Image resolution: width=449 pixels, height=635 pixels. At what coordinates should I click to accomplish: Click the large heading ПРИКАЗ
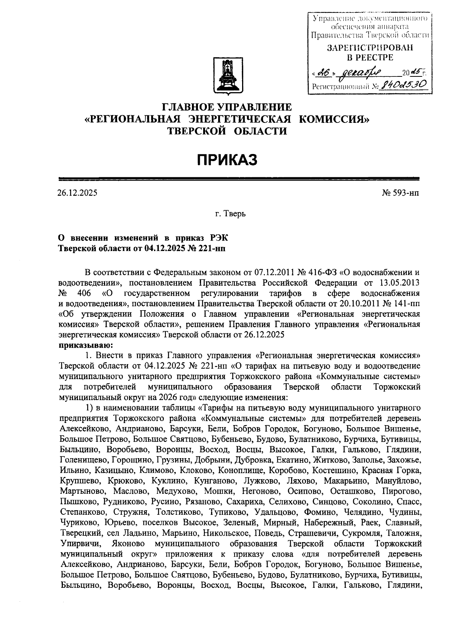(x=227, y=160)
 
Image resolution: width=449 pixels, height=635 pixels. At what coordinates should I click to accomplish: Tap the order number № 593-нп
(x=400, y=193)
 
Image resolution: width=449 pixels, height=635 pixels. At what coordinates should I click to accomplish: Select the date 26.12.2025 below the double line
(x=77, y=193)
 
